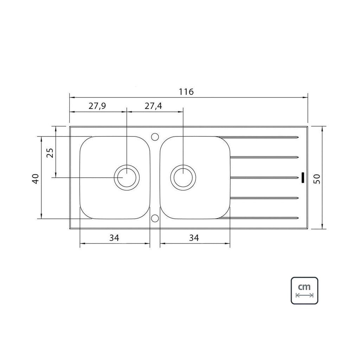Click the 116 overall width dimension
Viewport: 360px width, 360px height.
point(186,92)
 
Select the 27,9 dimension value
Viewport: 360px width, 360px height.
point(97,106)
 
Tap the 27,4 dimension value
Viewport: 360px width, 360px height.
point(153,106)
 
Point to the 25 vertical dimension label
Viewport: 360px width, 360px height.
point(50,153)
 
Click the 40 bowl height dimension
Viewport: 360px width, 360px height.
point(36,179)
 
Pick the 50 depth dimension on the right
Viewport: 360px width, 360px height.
point(317,179)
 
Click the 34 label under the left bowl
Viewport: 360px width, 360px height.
point(114,238)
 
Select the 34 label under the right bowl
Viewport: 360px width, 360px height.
point(194,238)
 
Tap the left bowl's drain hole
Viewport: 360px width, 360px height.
point(127,178)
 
